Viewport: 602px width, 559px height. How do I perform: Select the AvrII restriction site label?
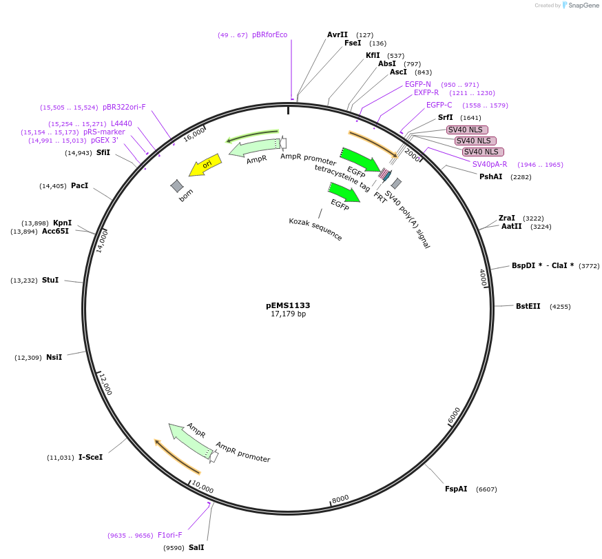[338, 34]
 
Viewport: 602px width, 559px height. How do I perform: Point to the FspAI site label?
[456, 489]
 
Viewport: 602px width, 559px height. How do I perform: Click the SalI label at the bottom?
[196, 547]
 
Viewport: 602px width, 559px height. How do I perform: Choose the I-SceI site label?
[90, 457]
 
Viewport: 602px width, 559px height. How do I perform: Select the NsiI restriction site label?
[54, 357]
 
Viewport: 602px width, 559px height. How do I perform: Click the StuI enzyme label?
[50, 280]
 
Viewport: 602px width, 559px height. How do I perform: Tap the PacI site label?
[79, 185]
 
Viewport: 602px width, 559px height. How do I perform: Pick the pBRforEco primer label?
[270, 34]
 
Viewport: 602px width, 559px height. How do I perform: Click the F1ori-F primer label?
[170, 535]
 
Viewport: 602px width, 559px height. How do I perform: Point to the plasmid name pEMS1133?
[288, 305]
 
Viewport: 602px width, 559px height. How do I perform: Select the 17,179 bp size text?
[288, 314]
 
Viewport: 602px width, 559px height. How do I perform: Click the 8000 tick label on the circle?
[340, 499]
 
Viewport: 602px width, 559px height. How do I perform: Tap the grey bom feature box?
[177, 185]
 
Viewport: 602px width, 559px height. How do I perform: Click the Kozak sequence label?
[315, 229]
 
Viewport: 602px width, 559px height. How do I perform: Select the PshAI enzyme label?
[491, 176]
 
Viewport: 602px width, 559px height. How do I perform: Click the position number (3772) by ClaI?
[589, 265]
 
